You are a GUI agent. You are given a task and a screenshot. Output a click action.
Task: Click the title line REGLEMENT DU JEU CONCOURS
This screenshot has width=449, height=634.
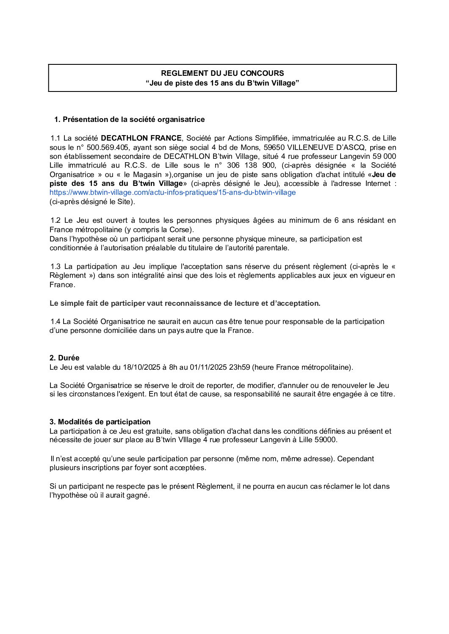click(222, 73)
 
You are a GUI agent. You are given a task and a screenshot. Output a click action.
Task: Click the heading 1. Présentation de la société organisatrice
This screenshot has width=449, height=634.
click(129, 119)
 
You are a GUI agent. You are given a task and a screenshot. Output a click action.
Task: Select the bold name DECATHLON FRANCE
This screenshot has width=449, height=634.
click(141, 138)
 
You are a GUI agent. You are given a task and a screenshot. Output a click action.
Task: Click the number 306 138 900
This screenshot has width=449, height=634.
click(251, 165)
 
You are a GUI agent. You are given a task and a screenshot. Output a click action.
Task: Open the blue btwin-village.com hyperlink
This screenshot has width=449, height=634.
click(172, 192)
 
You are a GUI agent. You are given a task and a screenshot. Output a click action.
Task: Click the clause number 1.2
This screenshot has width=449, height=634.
click(55, 220)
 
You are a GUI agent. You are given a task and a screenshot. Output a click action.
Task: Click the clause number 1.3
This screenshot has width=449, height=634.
click(55, 266)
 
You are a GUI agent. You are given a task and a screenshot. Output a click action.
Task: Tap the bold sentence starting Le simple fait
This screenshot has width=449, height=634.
click(185, 303)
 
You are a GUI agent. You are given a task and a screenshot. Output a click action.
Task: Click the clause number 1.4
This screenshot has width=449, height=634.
click(55, 321)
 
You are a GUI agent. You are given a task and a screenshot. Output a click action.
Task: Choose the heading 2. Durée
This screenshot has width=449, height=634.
click(64, 358)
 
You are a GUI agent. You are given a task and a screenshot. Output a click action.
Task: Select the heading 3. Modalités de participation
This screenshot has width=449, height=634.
click(100, 422)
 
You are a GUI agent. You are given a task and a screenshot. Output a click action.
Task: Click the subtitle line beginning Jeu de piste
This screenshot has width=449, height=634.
click(222, 83)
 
